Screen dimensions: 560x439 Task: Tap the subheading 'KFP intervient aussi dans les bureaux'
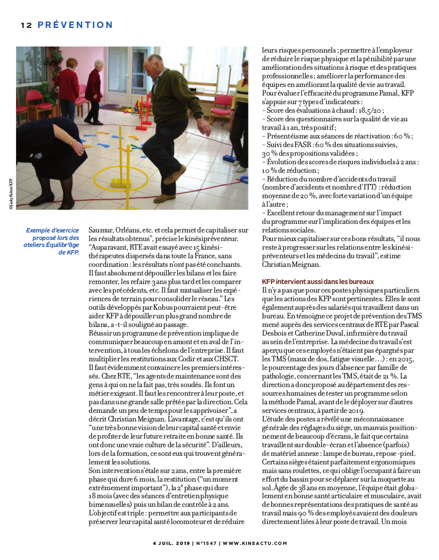coord(318,281)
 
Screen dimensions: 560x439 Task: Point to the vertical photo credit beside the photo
coord(10,190)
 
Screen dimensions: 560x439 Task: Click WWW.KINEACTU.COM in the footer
coord(255,543)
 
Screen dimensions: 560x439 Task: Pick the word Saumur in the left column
coord(100,230)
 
